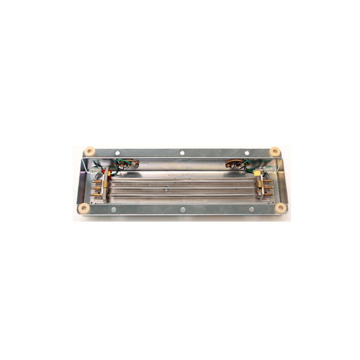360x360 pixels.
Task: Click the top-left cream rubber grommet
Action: point(90,152)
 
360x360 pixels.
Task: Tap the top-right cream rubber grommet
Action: point(274,151)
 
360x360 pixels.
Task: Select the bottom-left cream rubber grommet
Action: point(84,208)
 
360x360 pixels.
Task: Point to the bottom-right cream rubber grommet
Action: point(281,208)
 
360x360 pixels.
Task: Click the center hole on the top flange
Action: point(182,152)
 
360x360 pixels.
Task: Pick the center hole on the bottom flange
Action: point(183,209)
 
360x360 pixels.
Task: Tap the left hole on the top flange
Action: point(117,152)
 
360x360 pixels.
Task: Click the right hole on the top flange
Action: point(247,152)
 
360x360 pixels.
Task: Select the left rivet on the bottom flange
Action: point(114,209)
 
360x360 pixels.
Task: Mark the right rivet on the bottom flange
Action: point(251,209)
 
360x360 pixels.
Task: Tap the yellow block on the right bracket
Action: point(257,173)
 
